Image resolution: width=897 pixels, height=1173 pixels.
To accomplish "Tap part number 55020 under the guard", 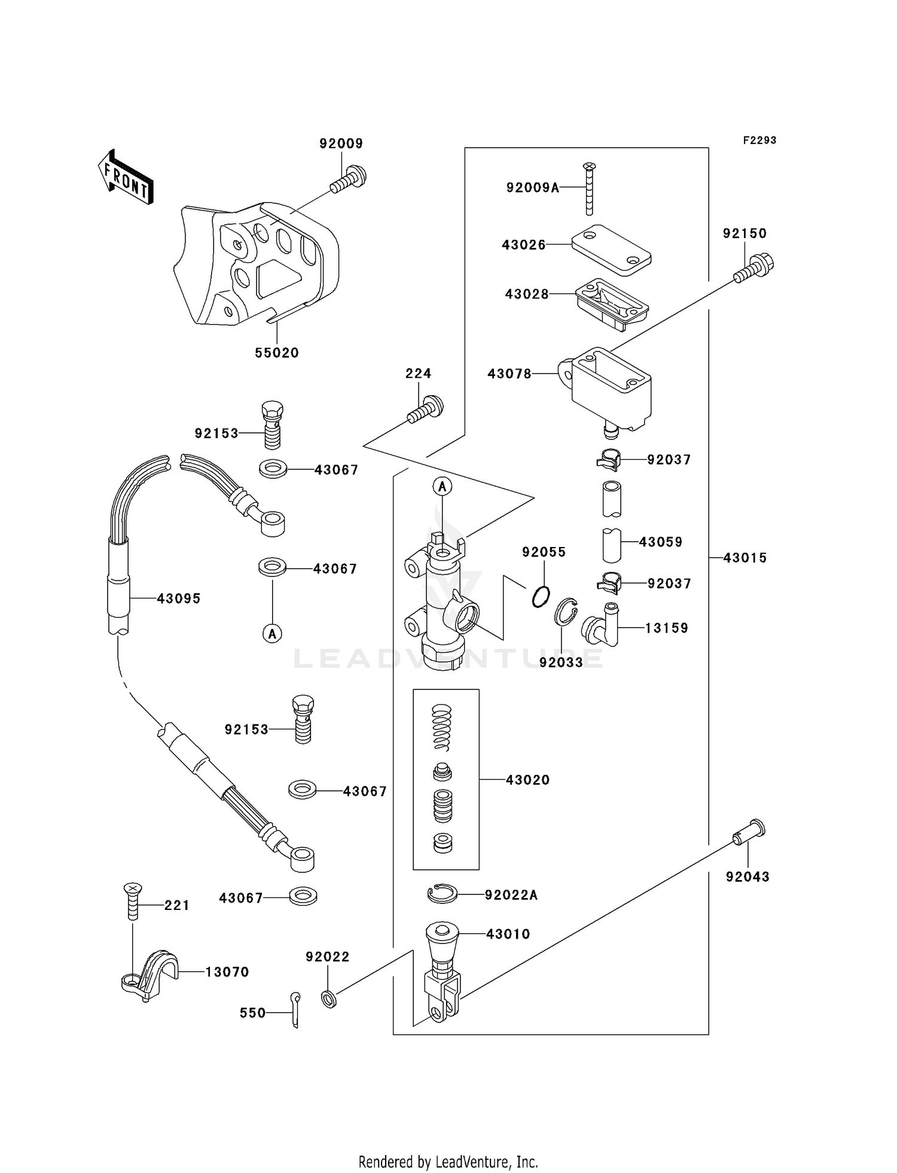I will pyautogui.click(x=276, y=353).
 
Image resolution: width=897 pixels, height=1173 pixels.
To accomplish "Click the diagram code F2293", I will pyautogui.click(x=759, y=140).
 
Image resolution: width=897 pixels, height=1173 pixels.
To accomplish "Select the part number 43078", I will pyautogui.click(x=509, y=374).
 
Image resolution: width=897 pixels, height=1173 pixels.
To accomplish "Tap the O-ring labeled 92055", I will pyautogui.click(x=541, y=596).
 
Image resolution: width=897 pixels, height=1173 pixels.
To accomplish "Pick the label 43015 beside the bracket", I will pyautogui.click(x=745, y=558).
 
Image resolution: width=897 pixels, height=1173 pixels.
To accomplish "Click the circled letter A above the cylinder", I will pyautogui.click(x=443, y=487).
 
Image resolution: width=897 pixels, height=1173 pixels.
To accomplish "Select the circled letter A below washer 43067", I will pyautogui.click(x=273, y=633).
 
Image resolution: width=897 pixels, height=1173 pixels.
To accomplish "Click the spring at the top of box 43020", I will pyautogui.click(x=442, y=726).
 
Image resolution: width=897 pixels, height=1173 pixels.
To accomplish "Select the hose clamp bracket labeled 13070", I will pyautogui.click(x=149, y=973).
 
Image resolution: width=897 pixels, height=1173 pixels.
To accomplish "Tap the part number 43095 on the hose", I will pyautogui.click(x=178, y=598).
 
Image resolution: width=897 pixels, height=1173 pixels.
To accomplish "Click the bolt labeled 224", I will pyautogui.click(x=425, y=410).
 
